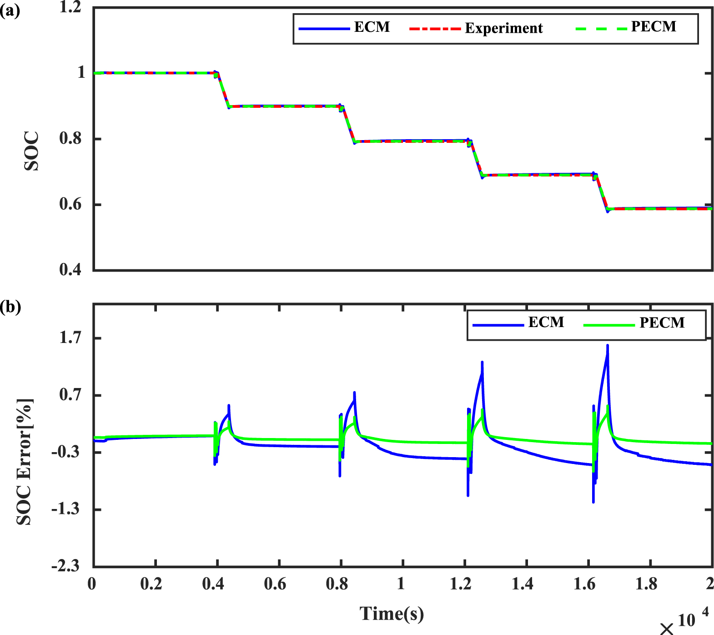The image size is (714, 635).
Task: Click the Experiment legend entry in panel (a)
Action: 503,28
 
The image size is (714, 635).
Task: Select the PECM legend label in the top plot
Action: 654,27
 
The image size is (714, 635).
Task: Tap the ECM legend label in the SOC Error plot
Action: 546,322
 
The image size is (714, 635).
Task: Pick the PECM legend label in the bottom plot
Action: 662,323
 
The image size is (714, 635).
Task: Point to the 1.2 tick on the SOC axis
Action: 70,7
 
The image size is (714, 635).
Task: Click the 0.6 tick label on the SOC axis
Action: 70,204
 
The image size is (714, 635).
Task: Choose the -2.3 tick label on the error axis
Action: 66,566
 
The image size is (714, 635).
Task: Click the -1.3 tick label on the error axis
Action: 66,509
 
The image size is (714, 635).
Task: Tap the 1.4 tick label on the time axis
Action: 523,584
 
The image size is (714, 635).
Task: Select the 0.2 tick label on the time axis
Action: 151,584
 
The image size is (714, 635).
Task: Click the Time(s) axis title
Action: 392,613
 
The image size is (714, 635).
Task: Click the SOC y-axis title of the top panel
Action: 31,151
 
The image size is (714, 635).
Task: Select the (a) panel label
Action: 10,10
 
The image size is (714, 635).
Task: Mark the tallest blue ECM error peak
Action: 607,346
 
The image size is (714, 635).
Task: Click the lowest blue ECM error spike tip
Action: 593,502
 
